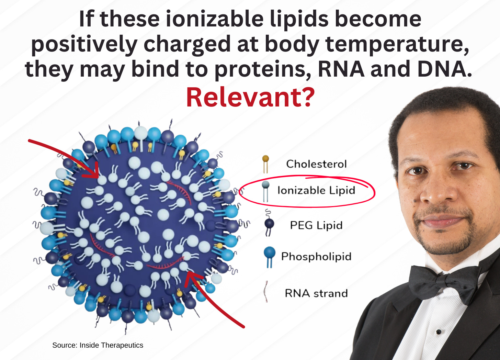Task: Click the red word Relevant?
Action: pos(250,98)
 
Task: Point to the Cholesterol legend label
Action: pos(316,164)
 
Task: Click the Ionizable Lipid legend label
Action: pos(316,190)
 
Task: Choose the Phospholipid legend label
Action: pos(316,256)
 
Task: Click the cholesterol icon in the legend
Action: pos(265,164)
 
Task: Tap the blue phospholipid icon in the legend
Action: pos(270,256)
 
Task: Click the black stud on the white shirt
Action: pos(439,332)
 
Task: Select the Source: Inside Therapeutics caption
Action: pos(98,345)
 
